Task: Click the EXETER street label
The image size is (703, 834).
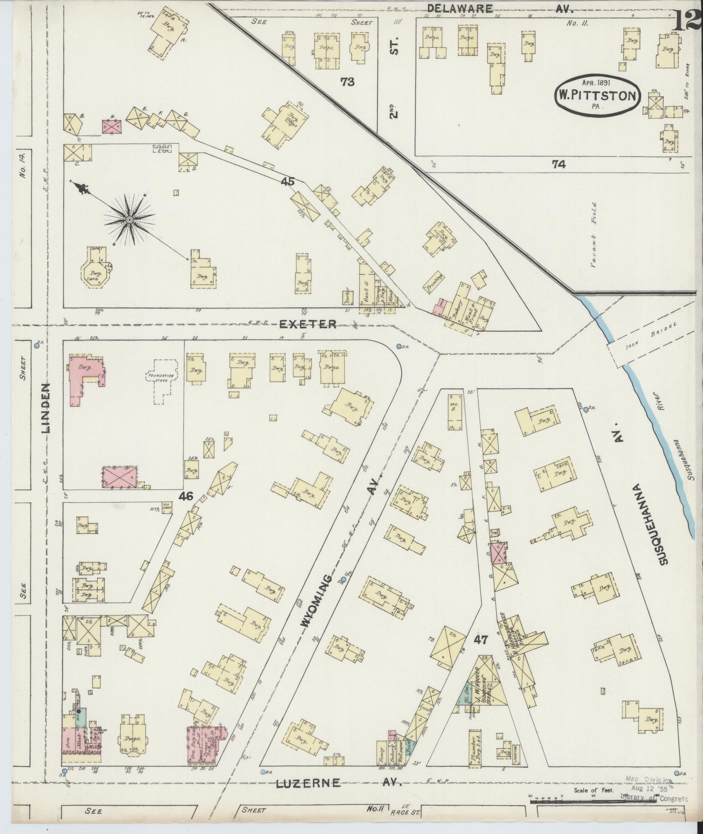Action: coord(308,324)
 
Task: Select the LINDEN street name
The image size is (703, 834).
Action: coord(47,408)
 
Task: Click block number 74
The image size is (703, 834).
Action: coord(558,164)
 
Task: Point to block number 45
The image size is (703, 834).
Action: coord(288,182)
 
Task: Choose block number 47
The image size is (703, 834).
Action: coord(483,640)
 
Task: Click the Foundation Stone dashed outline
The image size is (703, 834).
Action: coord(161,377)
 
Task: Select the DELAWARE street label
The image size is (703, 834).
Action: coord(460,8)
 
